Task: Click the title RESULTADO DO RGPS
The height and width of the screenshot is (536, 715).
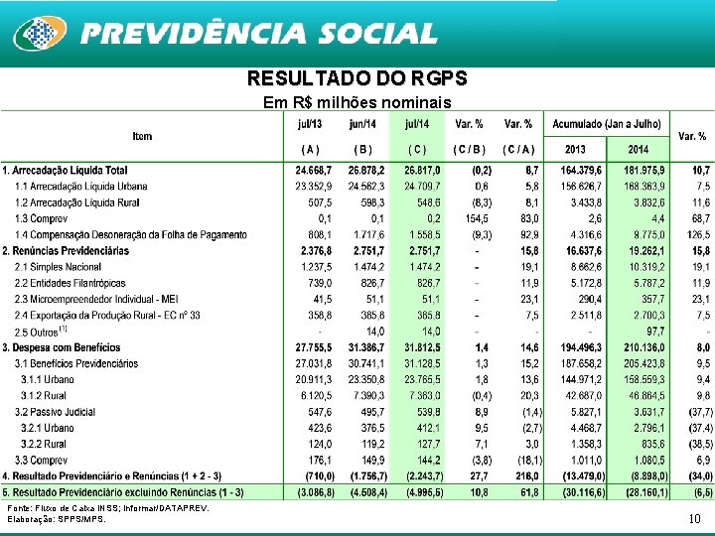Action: click(357, 78)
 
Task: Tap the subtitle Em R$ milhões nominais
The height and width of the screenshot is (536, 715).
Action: click(357, 103)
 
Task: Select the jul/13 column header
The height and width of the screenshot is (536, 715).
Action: click(309, 123)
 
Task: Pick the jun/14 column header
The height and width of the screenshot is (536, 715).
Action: click(363, 123)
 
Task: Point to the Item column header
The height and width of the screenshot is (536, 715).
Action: click(142, 135)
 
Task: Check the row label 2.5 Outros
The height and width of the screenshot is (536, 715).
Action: click(41, 331)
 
